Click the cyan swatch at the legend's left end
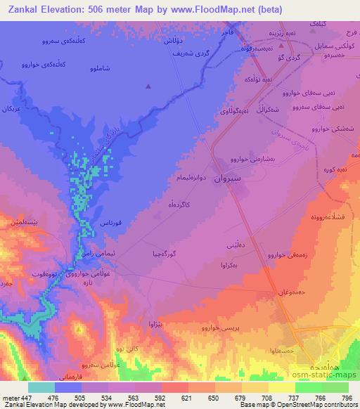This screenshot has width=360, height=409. tap(41, 387)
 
